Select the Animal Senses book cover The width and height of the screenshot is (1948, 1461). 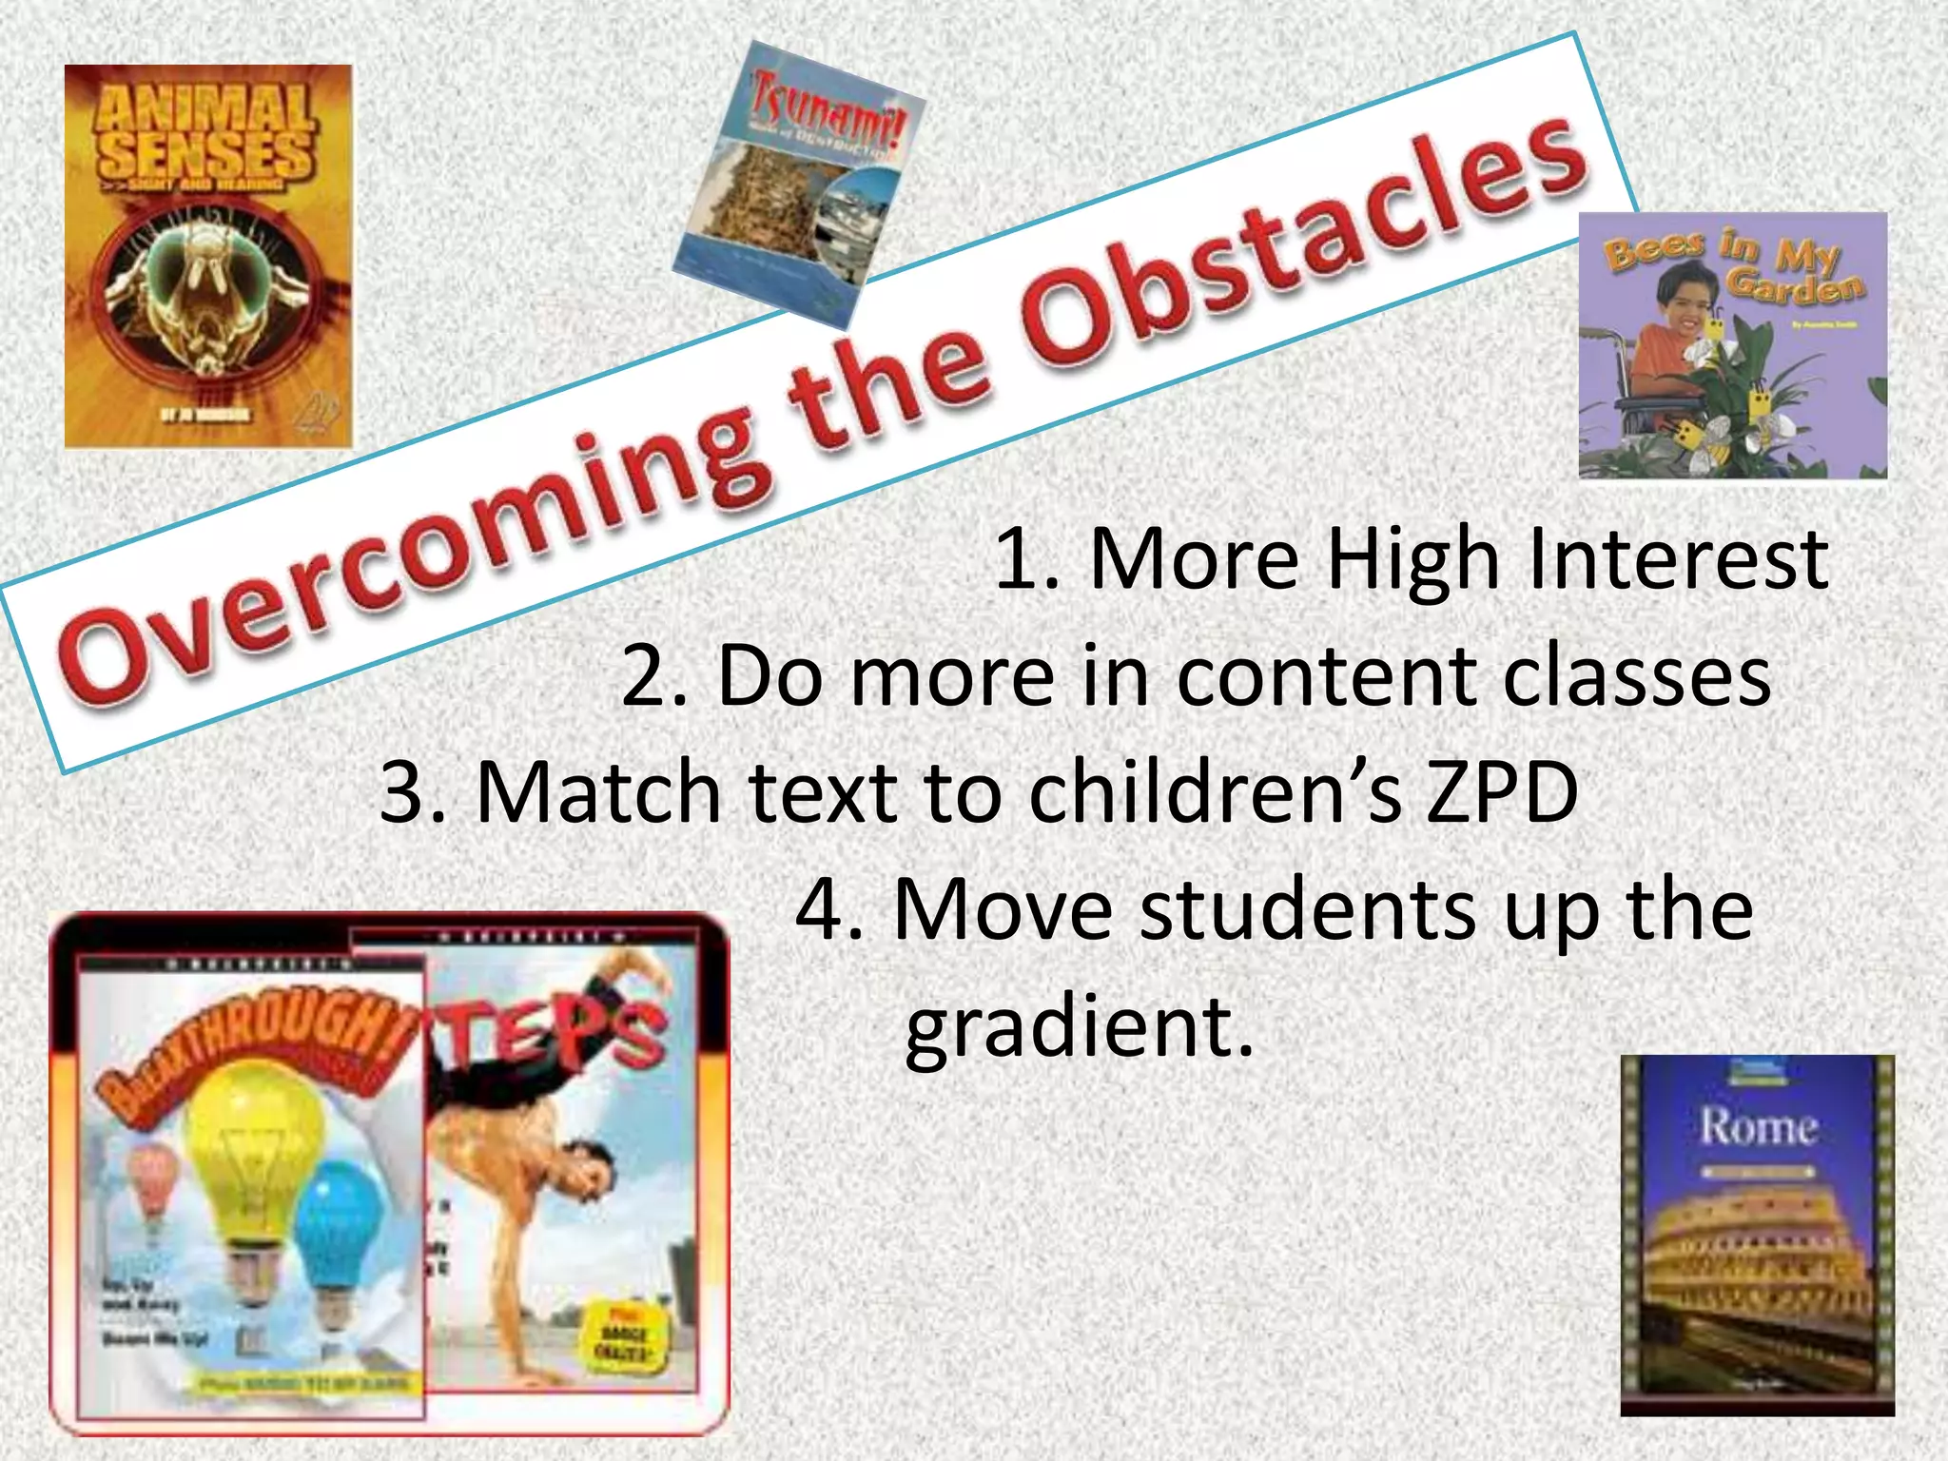(207, 256)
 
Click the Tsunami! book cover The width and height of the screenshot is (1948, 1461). (799, 181)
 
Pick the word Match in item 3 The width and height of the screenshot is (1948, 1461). (598, 792)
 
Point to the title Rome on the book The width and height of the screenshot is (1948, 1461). (1758, 1128)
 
